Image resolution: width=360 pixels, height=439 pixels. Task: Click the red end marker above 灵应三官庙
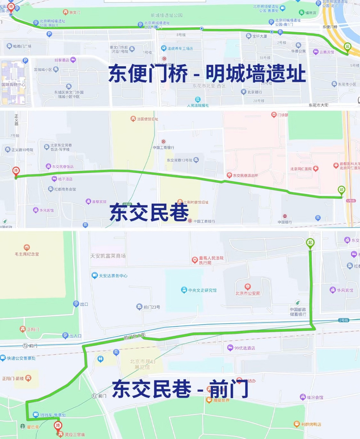[58, 426]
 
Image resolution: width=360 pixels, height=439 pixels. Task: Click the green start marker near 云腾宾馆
[348, 47]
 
